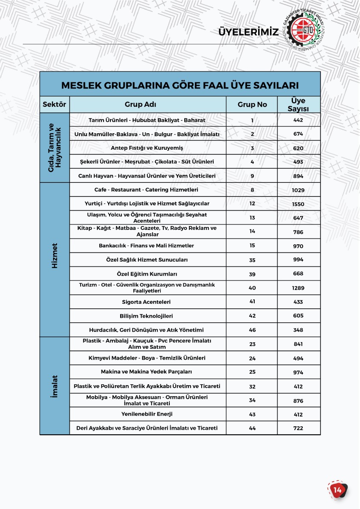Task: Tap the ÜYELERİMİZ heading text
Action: [x=248, y=32]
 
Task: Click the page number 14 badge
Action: [x=337, y=490]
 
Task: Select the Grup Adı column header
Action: [x=147, y=104]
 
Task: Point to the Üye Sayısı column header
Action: [x=298, y=105]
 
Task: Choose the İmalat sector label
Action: [x=54, y=386]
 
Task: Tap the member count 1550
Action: [x=298, y=204]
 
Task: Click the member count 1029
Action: [x=298, y=190]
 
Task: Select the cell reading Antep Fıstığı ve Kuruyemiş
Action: [x=147, y=148]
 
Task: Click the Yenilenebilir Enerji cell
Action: [x=147, y=414]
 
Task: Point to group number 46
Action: [x=252, y=330]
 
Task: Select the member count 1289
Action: [x=298, y=288]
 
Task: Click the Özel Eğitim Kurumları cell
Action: [x=147, y=274]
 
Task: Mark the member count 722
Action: [x=298, y=428]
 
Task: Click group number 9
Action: [x=252, y=176]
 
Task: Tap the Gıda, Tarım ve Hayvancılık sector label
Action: [x=54, y=147]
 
